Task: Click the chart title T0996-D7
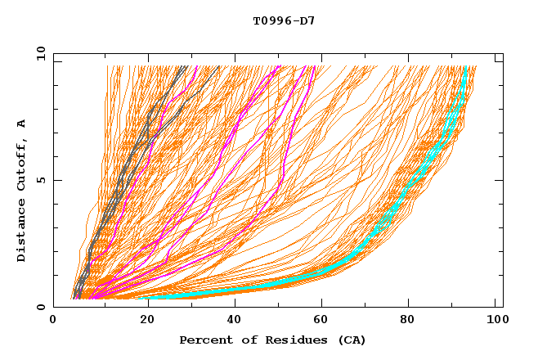click(x=284, y=20)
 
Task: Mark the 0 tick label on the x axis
click(x=54, y=321)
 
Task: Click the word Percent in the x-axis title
click(x=202, y=340)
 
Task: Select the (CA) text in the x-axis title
click(x=350, y=340)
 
